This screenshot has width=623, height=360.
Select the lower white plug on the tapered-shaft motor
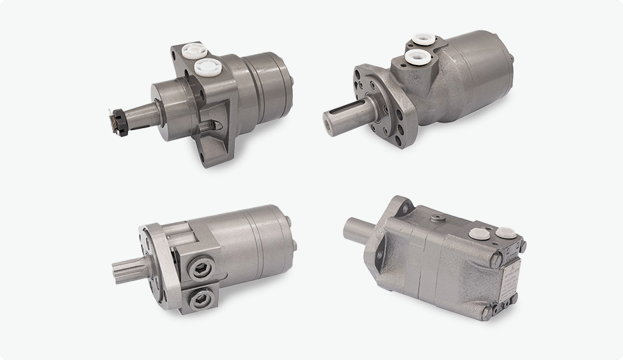[207, 66]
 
